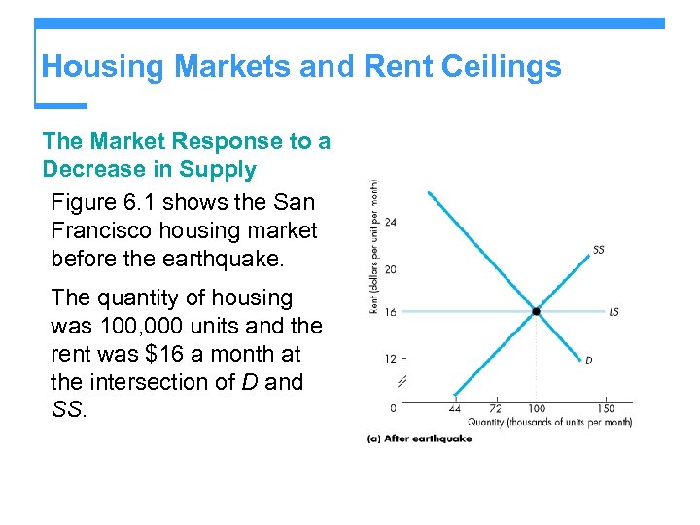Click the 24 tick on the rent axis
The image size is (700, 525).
tap(390, 222)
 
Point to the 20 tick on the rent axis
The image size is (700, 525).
tap(390, 269)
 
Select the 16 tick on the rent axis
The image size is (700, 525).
tap(390, 313)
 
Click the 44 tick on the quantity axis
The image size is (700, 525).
tap(454, 408)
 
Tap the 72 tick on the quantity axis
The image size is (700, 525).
tap(494, 408)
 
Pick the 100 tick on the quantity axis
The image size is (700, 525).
tap(536, 408)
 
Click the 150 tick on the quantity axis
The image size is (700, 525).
tap(607, 408)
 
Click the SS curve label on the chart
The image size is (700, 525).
tap(599, 250)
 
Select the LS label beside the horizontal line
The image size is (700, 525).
tap(613, 312)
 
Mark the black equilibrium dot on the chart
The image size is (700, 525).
tap(536, 312)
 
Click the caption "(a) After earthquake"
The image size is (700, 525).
tap(419, 438)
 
